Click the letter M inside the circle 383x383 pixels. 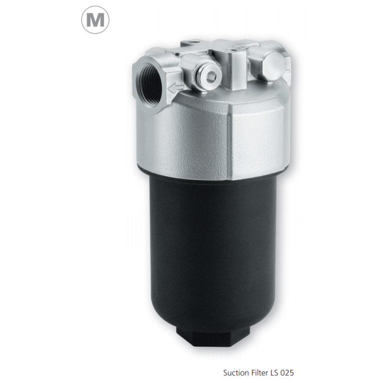tap(95, 20)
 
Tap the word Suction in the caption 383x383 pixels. tap(236, 373)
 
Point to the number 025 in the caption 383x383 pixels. tap(287, 373)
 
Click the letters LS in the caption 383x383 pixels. tap(274, 373)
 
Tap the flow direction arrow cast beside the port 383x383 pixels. tap(175, 88)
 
